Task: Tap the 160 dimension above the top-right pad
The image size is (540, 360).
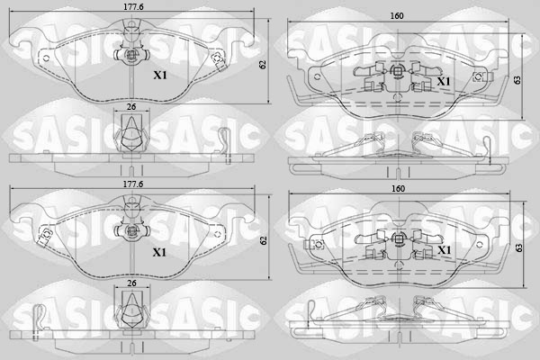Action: [x=397, y=16]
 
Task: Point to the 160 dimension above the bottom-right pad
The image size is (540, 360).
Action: [x=397, y=191]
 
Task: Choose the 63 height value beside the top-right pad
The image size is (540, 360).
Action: [x=517, y=80]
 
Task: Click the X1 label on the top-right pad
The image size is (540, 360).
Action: [x=443, y=81]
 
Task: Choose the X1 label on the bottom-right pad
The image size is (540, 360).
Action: [x=443, y=249]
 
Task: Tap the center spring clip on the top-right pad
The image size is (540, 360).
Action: [x=397, y=79]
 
